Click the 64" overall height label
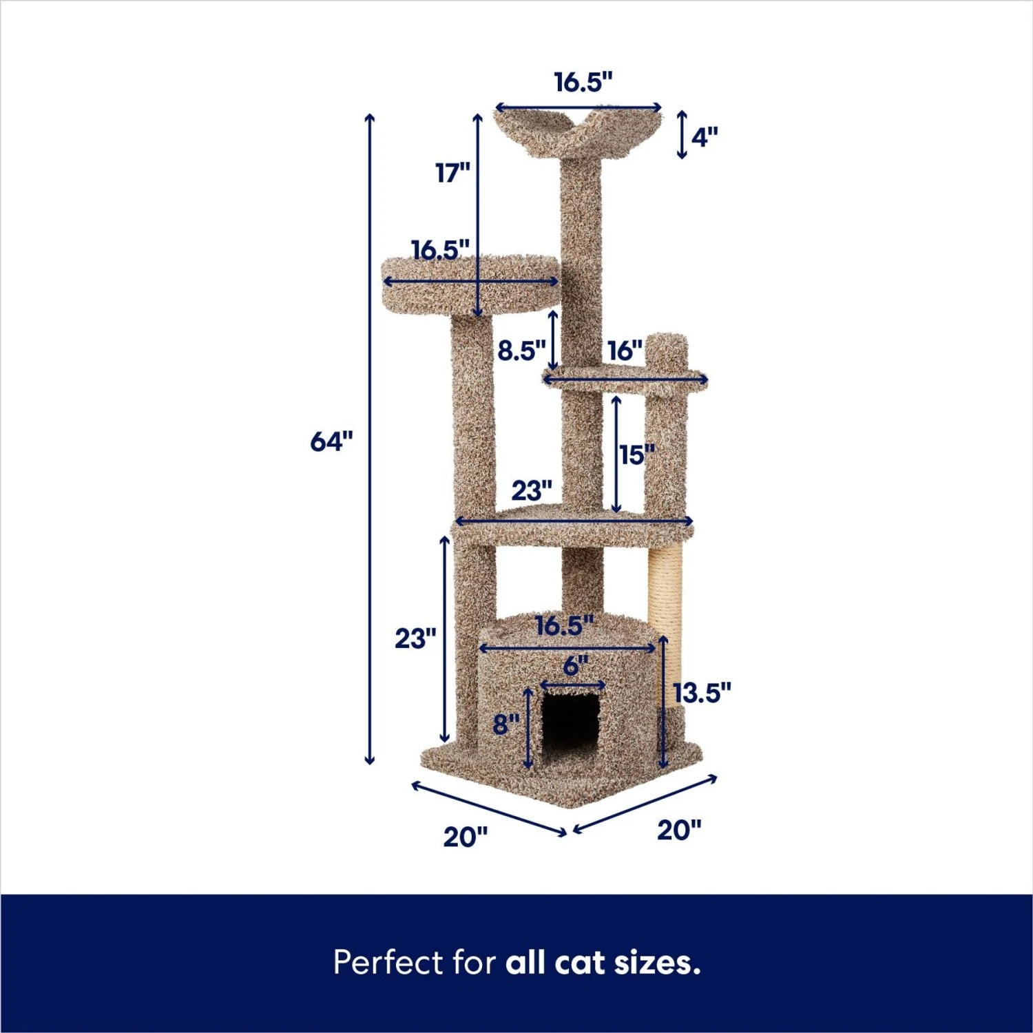coord(331,441)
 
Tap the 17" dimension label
coord(452,173)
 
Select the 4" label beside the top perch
coord(705,137)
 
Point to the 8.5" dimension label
coord(521,351)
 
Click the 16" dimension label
coord(625,351)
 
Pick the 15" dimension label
coord(636,455)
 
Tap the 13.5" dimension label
coord(702,693)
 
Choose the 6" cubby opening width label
coord(575,666)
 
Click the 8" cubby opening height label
coord(506,724)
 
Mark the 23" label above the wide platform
coord(532,491)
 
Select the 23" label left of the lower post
coord(415,638)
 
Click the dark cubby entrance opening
coord(570,723)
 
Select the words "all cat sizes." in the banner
coord(603,962)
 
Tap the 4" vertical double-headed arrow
coord(682,135)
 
